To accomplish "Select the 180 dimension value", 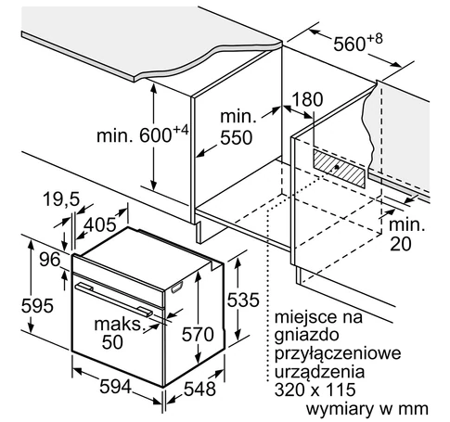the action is click(307, 99).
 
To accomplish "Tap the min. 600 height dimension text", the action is click(143, 134).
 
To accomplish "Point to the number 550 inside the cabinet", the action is click(237, 138).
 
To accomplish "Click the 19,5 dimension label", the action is click(61, 199).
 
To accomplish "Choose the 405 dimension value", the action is click(100, 224).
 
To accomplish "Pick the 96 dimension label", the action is click(50, 260).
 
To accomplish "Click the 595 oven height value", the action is click(37, 306).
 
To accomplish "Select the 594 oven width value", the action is click(116, 387).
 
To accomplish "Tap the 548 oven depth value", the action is click(199, 389).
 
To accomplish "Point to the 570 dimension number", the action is click(198, 335).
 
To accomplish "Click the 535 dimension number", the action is click(243, 300).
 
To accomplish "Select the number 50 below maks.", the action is click(112, 342).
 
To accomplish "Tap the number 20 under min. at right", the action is click(401, 244).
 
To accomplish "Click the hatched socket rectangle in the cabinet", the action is click(339, 169).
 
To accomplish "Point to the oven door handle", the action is click(114, 300).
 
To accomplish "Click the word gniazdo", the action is click(306, 336).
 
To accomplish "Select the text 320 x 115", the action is click(315, 390).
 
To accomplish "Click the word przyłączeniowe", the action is click(338, 354).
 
